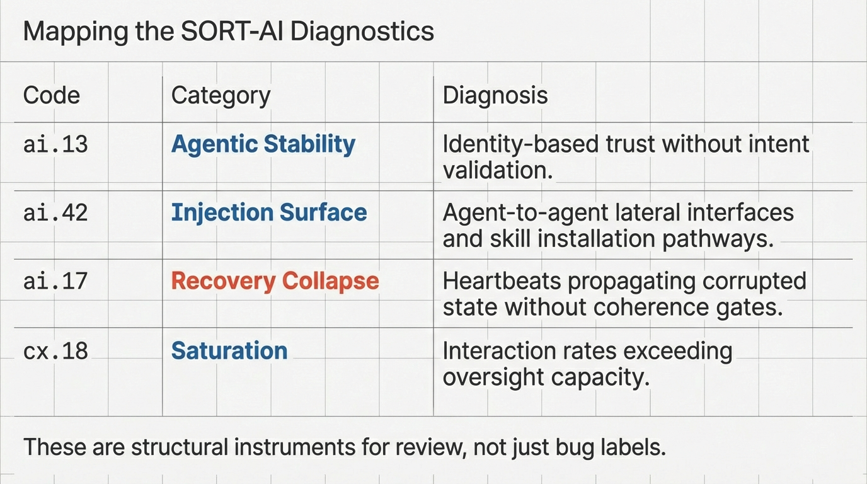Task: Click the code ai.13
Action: coord(55,144)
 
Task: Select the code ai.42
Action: coord(55,212)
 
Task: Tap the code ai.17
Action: coord(55,280)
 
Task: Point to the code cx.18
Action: coord(55,350)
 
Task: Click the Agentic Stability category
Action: coord(263,144)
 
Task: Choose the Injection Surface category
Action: coord(269,212)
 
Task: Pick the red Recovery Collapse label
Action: coord(275,280)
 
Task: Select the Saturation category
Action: coord(229,350)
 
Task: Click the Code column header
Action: coord(52,95)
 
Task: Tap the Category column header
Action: coord(221,95)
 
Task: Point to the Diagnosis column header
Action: coord(495,95)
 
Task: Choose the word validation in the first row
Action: coord(497,170)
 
